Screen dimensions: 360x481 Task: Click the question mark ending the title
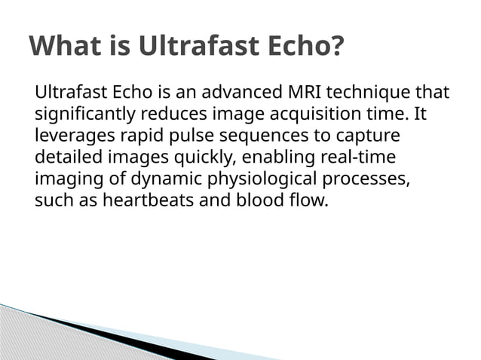point(336,46)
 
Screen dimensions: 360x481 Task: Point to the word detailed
point(65,158)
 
